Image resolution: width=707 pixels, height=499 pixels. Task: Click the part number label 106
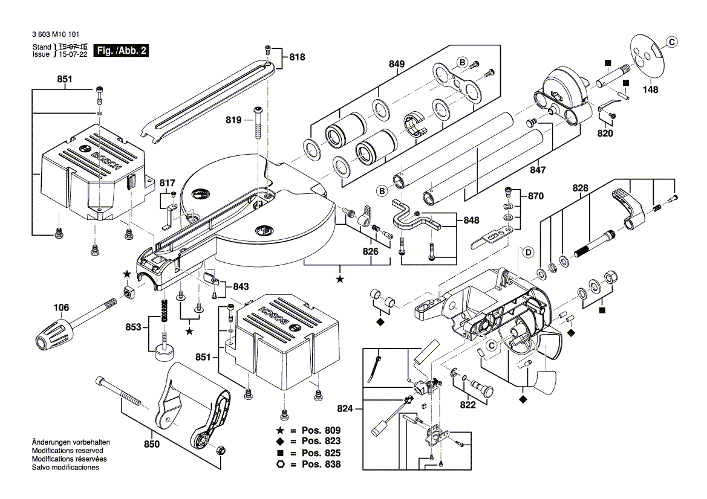click(x=61, y=307)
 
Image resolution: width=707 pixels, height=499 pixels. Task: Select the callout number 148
click(x=650, y=90)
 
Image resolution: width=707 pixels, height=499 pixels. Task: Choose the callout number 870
click(x=536, y=196)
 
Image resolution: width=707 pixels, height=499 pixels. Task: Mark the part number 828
click(x=580, y=188)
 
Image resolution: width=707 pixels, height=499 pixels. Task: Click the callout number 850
click(x=151, y=445)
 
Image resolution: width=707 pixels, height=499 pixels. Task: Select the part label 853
click(x=133, y=327)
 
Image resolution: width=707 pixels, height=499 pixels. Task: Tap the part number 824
click(x=345, y=408)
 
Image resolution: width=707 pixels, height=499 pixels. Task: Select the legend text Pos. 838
click(x=320, y=464)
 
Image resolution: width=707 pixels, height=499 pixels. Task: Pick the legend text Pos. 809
click(x=320, y=431)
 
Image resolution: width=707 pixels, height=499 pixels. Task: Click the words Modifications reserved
click(x=67, y=451)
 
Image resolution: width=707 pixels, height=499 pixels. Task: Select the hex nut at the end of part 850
click(x=221, y=449)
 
